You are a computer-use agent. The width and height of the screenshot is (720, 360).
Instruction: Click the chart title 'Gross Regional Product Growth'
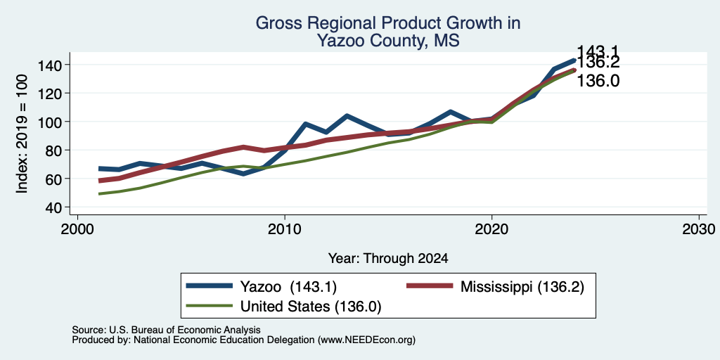pos(387,23)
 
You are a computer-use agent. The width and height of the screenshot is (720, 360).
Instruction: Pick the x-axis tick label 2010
pos(285,229)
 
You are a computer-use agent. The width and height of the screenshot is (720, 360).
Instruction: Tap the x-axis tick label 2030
pos(698,229)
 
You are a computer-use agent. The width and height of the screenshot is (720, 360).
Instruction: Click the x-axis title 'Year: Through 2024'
pos(388,259)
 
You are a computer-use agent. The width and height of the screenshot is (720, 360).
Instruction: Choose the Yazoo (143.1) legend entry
pos(262,287)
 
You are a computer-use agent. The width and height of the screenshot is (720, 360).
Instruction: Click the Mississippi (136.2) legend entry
pos(496,287)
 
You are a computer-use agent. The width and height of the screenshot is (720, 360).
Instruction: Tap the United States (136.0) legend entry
pos(284,306)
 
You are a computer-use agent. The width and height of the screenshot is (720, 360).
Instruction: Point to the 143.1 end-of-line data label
pos(598,52)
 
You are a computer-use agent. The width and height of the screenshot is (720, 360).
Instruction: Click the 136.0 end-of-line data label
pos(598,82)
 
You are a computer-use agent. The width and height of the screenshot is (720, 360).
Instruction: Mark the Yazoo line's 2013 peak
pos(347,116)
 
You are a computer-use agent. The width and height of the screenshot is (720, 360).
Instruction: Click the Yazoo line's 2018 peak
pos(451,112)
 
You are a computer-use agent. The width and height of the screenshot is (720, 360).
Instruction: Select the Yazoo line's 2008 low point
pos(243,174)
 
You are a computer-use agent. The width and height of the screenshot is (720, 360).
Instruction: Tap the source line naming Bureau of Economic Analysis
pos(166,330)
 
